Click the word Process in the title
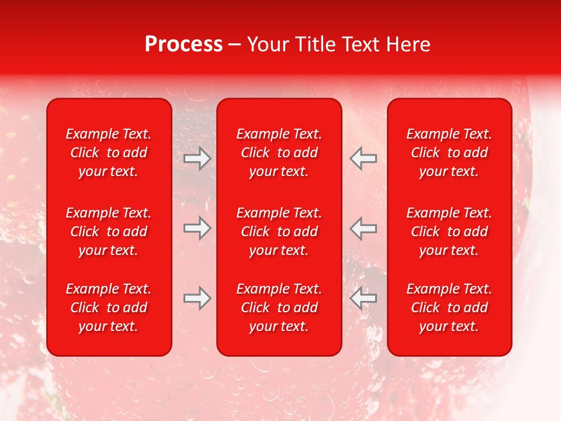pyautogui.click(x=183, y=44)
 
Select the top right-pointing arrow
pyautogui.click(x=197, y=158)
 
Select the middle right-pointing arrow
pyautogui.click(x=197, y=228)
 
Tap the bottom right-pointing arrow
pyautogui.click(x=197, y=298)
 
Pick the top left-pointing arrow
pyautogui.click(x=363, y=158)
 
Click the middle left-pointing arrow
pyautogui.click(x=363, y=228)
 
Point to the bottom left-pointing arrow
pyautogui.click(x=363, y=298)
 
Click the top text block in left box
pyautogui.click(x=109, y=153)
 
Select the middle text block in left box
pyautogui.click(x=109, y=232)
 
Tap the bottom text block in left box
pyautogui.click(x=109, y=308)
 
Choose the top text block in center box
pyautogui.click(x=279, y=153)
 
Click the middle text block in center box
pyautogui.click(x=279, y=232)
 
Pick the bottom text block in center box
pyautogui.click(x=279, y=308)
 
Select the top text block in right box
pyautogui.click(x=449, y=153)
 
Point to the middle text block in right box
pyautogui.click(x=449, y=232)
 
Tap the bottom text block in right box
pyautogui.click(x=449, y=308)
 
